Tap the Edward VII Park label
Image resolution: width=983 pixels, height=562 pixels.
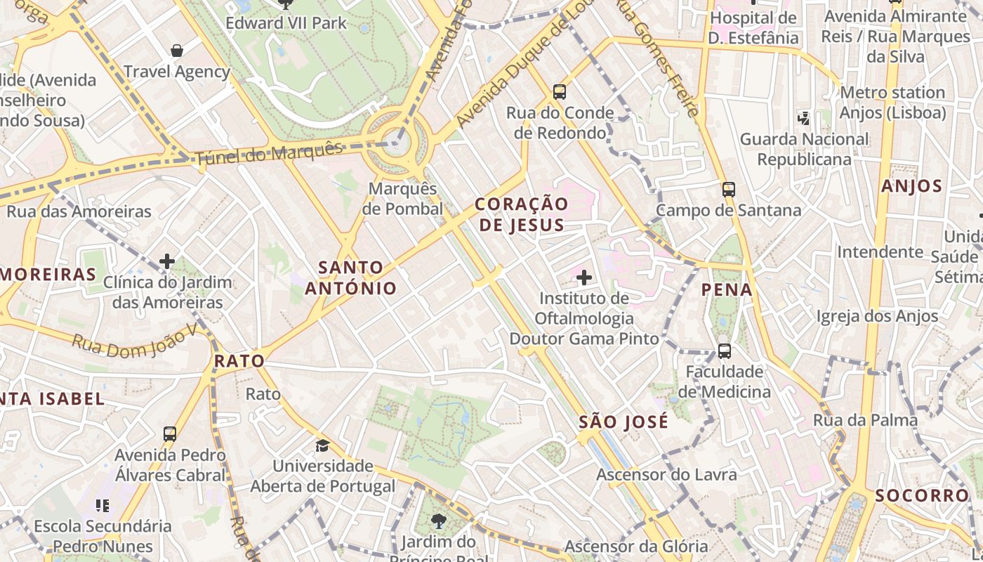pos(286,23)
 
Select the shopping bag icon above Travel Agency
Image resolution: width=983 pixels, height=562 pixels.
pos(177,51)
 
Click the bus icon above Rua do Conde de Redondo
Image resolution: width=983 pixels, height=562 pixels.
pos(560,91)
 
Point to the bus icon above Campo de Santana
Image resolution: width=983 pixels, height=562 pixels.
pos(728,189)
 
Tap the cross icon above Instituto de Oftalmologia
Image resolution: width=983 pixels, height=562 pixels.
pos(583,277)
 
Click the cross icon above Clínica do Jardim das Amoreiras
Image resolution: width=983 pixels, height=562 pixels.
pos(167,261)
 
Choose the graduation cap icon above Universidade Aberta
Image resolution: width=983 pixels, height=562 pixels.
pos(322,445)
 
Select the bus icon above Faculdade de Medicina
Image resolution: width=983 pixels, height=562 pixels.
pos(724,351)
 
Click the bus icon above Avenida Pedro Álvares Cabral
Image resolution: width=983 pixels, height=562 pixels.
pos(170,433)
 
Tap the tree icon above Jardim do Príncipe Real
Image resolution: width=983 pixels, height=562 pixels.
pos(438,521)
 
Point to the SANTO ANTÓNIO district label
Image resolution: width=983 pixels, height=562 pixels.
pos(351,277)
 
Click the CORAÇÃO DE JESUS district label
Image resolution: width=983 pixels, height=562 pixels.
pos(521,214)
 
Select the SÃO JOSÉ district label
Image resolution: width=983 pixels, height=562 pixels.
pos(624,422)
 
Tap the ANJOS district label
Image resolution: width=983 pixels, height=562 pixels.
pos(911,186)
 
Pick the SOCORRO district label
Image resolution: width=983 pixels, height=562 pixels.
pos(922,495)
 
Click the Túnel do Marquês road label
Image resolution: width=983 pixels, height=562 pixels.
pos(269,153)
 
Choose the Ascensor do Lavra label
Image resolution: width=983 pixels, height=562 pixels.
pos(666,475)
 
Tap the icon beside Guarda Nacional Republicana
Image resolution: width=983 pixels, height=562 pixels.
pos(803,119)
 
